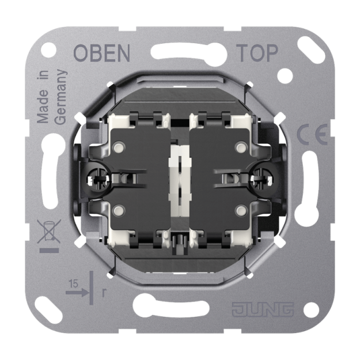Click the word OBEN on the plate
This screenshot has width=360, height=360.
click(102, 53)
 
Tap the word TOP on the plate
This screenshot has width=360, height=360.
click(257, 53)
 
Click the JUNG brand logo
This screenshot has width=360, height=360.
click(263, 309)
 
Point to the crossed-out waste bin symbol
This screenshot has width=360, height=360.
click(49, 231)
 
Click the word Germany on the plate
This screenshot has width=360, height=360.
click(61, 97)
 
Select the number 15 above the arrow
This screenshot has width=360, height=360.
click(74, 284)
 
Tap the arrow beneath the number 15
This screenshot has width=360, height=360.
click(77, 292)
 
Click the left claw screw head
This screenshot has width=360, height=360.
click(98, 179)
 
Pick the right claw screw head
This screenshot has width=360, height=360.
click(261, 179)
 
